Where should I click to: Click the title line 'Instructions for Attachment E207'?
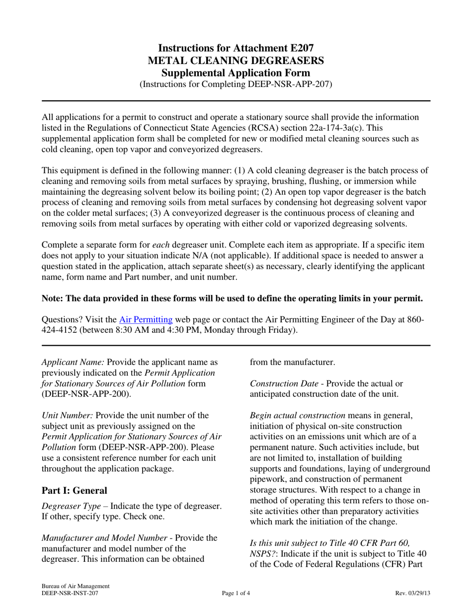(x=236, y=48)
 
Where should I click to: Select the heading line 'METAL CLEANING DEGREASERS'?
(x=236, y=61)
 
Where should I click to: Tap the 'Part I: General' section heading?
(x=75, y=490)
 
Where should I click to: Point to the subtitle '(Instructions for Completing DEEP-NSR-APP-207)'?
(x=236, y=84)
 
